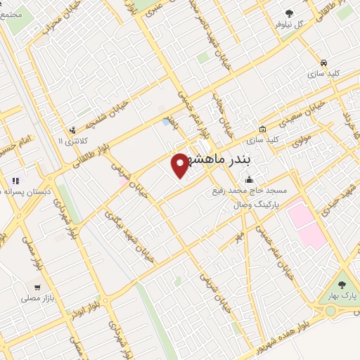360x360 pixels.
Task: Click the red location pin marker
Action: click(180, 164)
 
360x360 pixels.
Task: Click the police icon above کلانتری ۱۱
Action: click(72, 130)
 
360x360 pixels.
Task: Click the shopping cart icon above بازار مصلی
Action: click(37, 287)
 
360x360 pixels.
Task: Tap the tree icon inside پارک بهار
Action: click(341, 285)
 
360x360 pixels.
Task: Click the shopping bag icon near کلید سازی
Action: click(262, 129)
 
